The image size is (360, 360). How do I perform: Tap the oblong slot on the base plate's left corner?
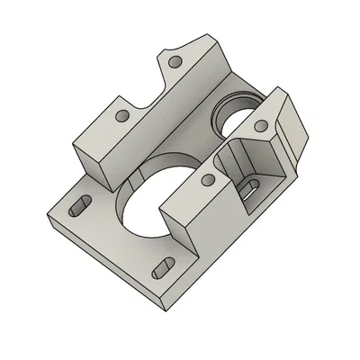point(78,205)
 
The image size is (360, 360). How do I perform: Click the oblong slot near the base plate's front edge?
point(166,267)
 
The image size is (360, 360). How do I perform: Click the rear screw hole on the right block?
point(260,125)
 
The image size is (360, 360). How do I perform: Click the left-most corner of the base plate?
point(47,216)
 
